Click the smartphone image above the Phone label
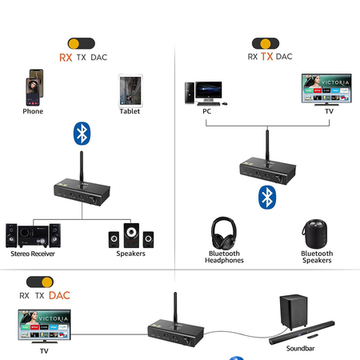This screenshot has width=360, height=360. click(33, 87)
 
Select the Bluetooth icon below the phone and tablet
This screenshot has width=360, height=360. click(80, 134)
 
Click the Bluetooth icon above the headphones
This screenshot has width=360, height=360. click(266, 196)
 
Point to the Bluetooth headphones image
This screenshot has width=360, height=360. click(225, 233)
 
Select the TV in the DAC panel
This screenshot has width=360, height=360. click(44, 327)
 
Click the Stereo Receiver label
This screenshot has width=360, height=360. click(33, 254)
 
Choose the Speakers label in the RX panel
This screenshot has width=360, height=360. click(130, 254)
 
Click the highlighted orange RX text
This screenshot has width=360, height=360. click(66, 58)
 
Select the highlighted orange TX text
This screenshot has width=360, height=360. click(267, 57)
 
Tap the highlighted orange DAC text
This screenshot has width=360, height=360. click(59, 295)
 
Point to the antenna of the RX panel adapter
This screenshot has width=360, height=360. click(82, 166)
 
